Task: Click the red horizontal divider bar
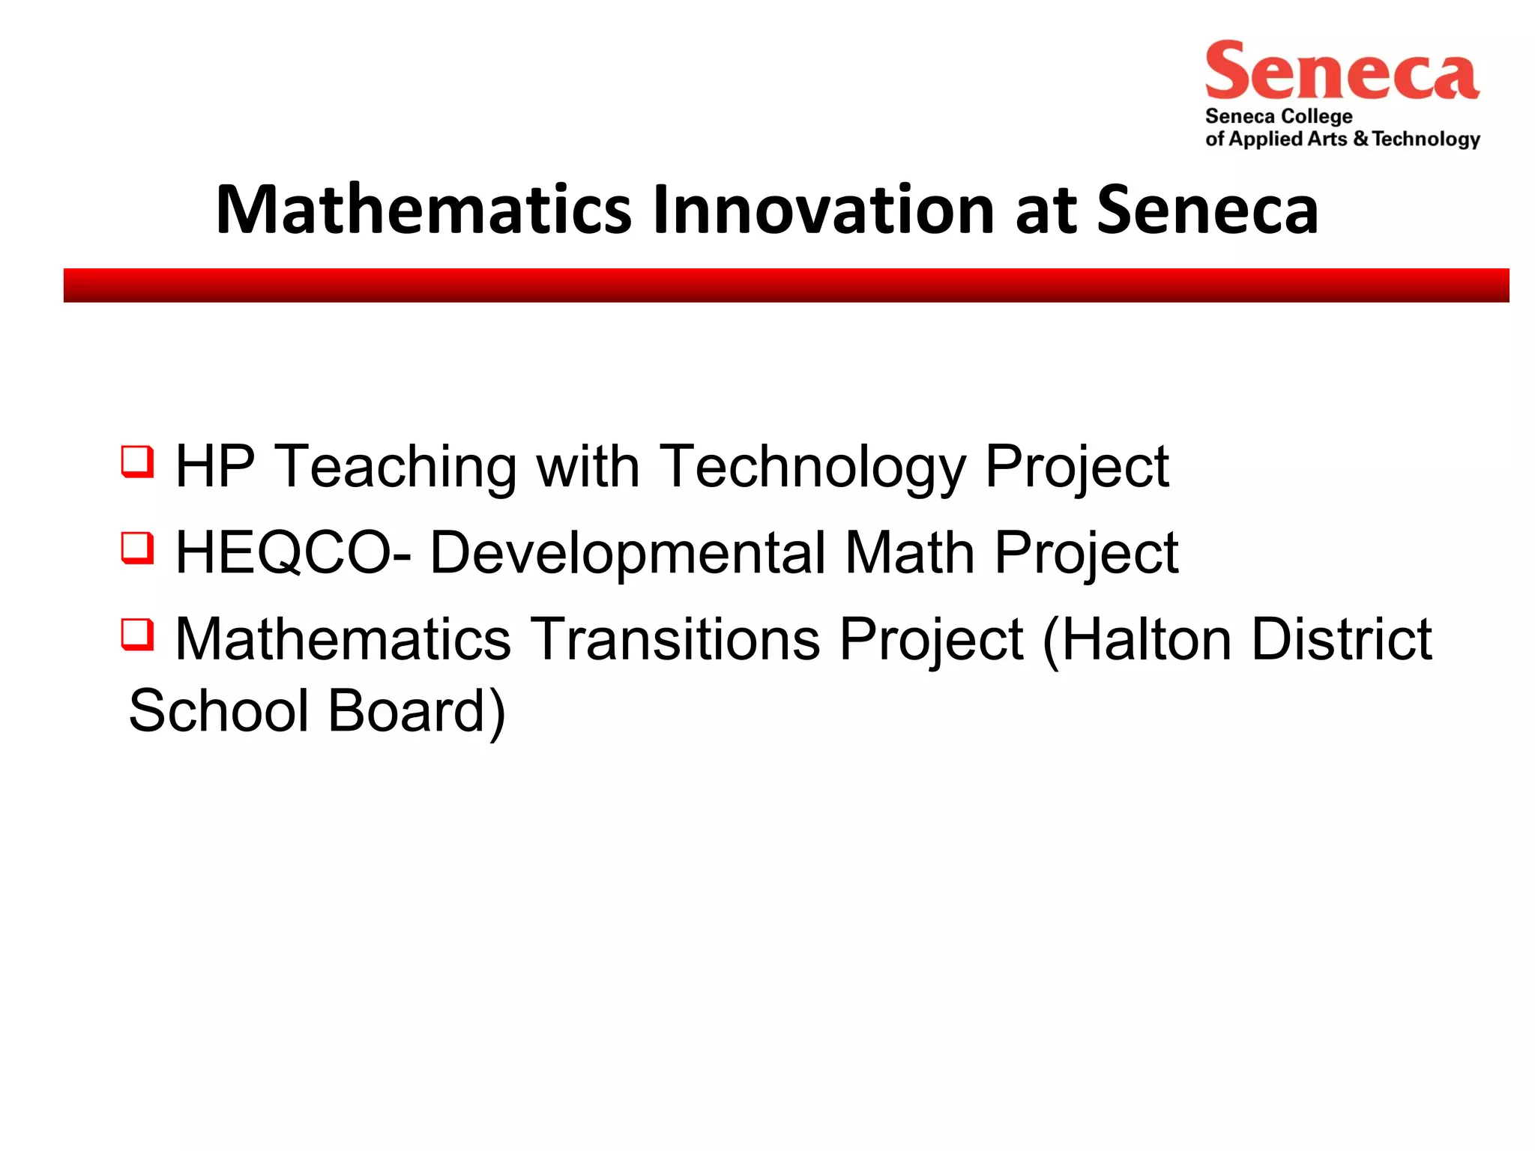[786, 286]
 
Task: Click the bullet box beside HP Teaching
[138, 462]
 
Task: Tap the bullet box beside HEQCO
[138, 548]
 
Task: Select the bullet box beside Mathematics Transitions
[138, 634]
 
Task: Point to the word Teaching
[396, 468]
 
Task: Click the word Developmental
[627, 553]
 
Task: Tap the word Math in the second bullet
[909, 553]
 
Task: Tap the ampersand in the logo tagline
[1360, 139]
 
